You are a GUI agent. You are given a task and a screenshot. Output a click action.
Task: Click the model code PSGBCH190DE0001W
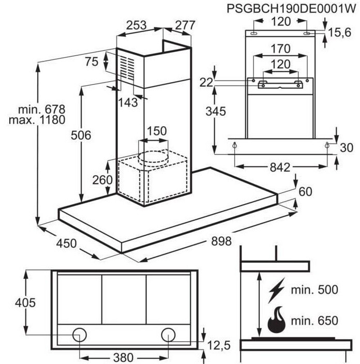pyautogui.click(x=291, y=9)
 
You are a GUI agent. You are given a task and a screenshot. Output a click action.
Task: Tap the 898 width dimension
pyautogui.click(x=221, y=241)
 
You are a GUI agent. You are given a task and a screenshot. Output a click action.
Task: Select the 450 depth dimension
pyautogui.click(x=66, y=244)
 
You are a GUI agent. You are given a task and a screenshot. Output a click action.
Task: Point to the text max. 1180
pyautogui.click(x=37, y=120)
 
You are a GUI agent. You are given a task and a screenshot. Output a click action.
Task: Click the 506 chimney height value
pyautogui.click(x=81, y=135)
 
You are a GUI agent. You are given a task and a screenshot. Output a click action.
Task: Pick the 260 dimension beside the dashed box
pyautogui.click(x=102, y=180)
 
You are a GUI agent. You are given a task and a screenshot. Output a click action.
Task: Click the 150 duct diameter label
pyautogui.click(x=157, y=131)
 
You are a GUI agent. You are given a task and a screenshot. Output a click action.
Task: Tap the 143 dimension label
pyautogui.click(x=128, y=102)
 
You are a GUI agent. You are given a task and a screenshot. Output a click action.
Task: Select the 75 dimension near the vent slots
pyautogui.click(x=92, y=62)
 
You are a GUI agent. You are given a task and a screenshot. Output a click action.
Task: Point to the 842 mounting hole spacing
pyautogui.click(x=280, y=168)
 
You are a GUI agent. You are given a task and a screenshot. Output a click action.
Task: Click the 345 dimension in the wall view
pyautogui.click(x=216, y=112)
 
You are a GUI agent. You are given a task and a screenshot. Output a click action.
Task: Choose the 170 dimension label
pyautogui.click(x=280, y=49)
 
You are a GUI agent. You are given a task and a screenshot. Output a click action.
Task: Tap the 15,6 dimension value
pyautogui.click(x=339, y=33)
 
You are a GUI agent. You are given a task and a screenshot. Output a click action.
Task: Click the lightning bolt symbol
pyautogui.click(x=276, y=291)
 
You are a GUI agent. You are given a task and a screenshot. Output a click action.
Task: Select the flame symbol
pyautogui.click(x=276, y=320)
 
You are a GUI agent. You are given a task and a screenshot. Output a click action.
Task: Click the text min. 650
pyautogui.click(x=314, y=321)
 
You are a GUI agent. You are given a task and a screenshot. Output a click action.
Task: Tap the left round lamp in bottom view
pyautogui.click(x=80, y=335)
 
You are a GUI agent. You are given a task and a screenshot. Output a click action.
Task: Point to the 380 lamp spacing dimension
pyautogui.click(x=123, y=357)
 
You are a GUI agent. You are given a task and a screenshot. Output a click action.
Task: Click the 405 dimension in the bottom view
pyautogui.click(x=25, y=302)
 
